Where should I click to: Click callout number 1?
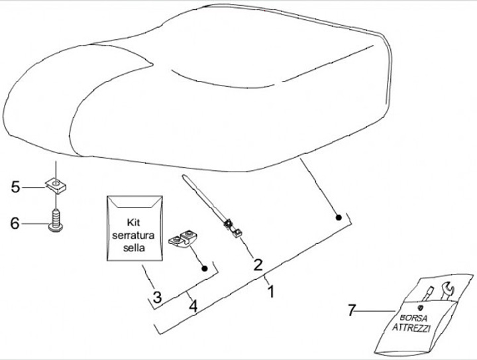[270, 289]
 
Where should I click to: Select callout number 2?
[257, 264]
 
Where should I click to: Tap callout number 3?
[157, 296]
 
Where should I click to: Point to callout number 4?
[192, 307]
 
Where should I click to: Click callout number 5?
[15, 187]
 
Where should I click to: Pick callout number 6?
[15, 223]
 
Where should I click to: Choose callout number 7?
[352, 309]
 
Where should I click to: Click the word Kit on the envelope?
[134, 222]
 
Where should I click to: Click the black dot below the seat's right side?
[338, 217]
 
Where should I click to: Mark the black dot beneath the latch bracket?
[205, 269]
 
